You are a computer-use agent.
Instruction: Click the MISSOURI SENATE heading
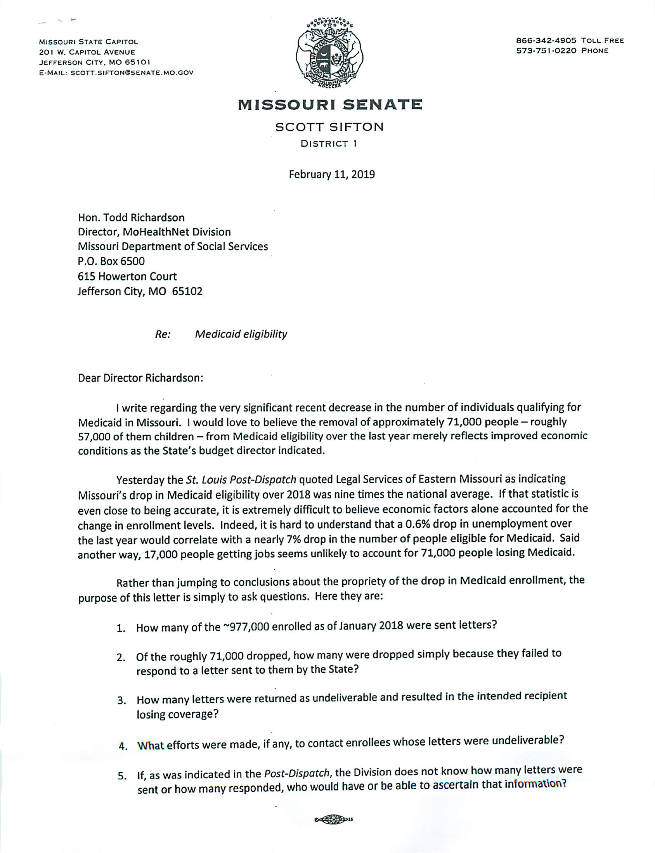[330, 105]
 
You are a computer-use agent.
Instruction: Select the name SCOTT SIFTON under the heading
[330, 127]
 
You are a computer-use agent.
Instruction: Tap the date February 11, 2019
[331, 174]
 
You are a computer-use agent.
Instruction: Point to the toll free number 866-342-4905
[546, 41]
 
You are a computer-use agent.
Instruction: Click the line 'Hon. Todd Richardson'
[131, 218]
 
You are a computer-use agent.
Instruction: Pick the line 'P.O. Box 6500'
[111, 261]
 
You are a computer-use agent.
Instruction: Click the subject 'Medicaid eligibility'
[241, 334]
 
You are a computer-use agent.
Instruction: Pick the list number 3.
[122, 701]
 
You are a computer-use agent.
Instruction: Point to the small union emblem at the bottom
[333, 819]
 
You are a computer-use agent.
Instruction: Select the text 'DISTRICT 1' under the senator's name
[329, 144]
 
